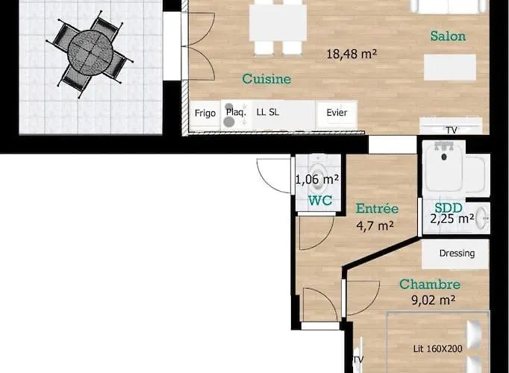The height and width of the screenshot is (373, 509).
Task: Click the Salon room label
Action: coord(448,36)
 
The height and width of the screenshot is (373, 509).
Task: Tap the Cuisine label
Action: coord(266,79)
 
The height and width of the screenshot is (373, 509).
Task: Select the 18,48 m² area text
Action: coord(352,54)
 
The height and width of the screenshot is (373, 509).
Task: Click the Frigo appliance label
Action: coord(205,113)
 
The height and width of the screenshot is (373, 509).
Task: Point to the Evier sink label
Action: coord(337,113)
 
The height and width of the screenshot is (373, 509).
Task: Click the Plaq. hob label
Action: coord(236,112)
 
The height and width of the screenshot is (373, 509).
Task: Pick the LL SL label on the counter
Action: coord(267,112)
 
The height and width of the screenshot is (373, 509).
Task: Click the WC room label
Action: coord(320,201)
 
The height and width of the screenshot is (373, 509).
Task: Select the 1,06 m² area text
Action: coord(317,179)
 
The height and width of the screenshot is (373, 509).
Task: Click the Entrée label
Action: coord(377,208)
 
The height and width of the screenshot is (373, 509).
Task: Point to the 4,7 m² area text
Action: coord(375,225)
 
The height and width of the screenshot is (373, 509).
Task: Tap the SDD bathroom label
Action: coord(449,208)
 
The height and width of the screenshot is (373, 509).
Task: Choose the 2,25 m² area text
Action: coord(452,219)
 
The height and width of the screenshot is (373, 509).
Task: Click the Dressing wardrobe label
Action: coord(457,254)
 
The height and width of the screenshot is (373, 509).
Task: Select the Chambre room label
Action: coord(430,284)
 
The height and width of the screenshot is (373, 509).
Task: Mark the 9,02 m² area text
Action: coord(434,300)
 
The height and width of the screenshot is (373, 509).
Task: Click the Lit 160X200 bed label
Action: coord(437,349)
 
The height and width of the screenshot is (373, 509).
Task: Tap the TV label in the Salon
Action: coord(452,130)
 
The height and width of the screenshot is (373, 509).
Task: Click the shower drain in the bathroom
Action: coord(444,157)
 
